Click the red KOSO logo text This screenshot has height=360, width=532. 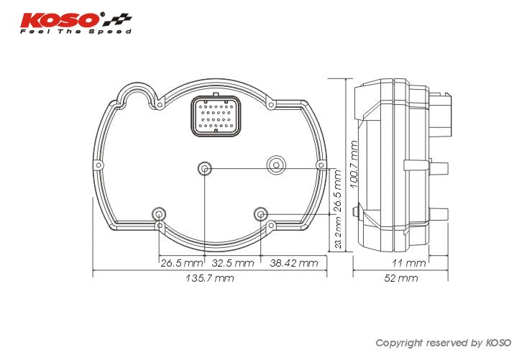pyautogui.click(x=62, y=19)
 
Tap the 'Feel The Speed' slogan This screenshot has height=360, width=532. pyautogui.click(x=75, y=32)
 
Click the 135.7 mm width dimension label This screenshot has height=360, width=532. pyautogui.click(x=209, y=278)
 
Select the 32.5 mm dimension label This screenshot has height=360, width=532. pyautogui.click(x=232, y=263)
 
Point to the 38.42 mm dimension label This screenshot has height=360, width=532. pyautogui.click(x=293, y=263)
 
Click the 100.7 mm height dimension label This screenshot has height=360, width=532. pyautogui.click(x=354, y=165)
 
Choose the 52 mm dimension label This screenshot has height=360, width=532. pyautogui.click(x=400, y=278)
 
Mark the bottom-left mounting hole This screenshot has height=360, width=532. pyautogui.click(x=159, y=213)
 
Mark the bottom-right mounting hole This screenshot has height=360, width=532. pyautogui.click(x=261, y=213)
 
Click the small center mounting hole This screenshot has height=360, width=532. pyautogui.click(x=205, y=169)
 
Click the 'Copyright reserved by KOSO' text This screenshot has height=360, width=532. pyautogui.click(x=443, y=343)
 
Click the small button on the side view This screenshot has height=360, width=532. pyautogui.click(x=357, y=211)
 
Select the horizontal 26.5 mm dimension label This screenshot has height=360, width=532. pyautogui.click(x=180, y=263)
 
